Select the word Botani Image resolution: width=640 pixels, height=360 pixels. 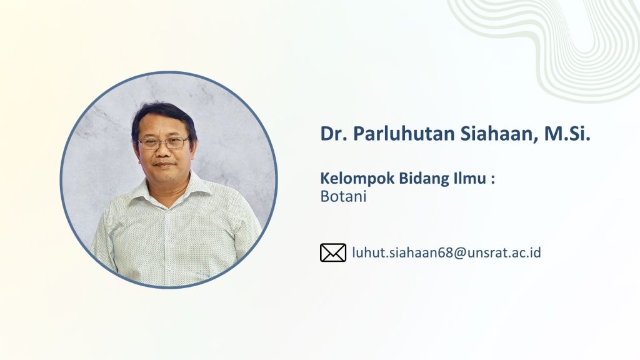click(x=343, y=196)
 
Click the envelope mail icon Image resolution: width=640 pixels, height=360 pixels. click(x=333, y=252)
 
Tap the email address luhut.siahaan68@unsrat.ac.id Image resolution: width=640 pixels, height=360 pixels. click(x=446, y=252)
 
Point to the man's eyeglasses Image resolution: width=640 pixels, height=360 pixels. click(x=163, y=143)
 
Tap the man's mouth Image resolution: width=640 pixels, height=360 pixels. click(x=164, y=164)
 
